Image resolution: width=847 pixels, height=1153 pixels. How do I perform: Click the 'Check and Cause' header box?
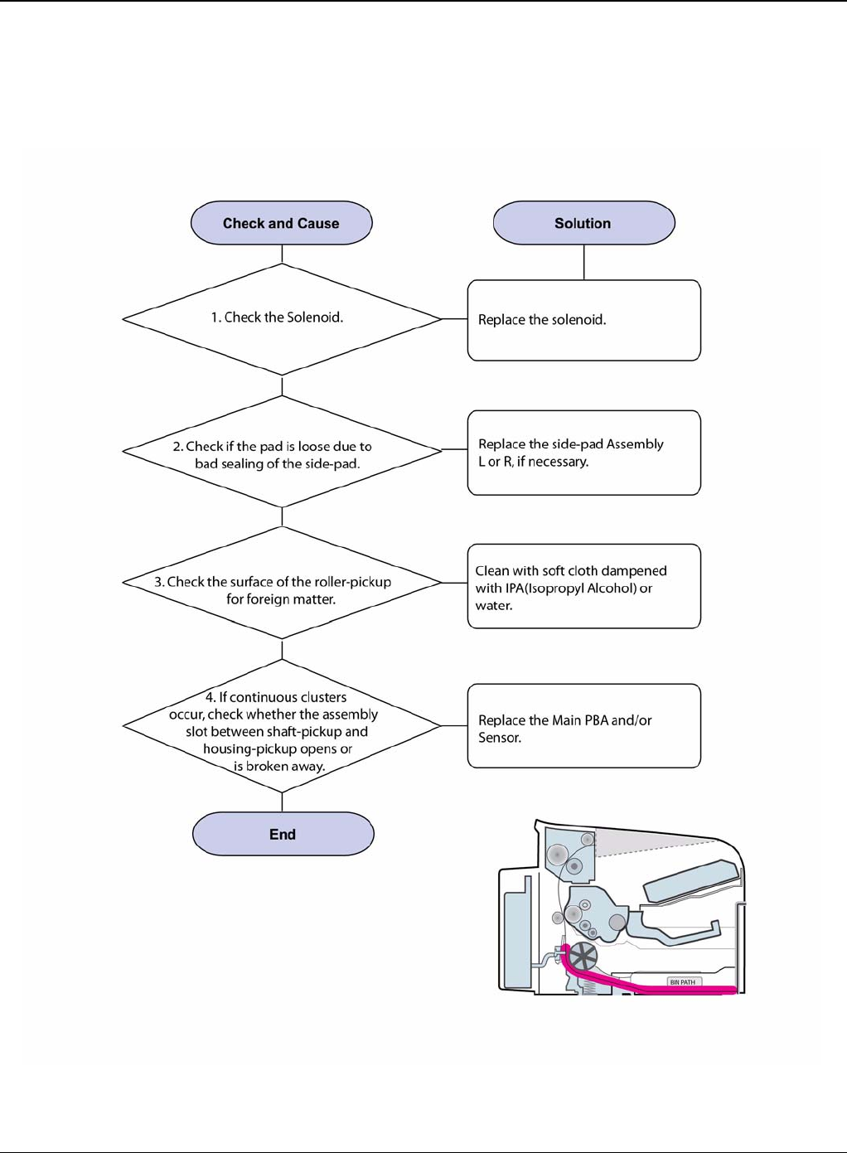(x=281, y=223)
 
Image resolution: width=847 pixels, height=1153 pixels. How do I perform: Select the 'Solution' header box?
(x=583, y=223)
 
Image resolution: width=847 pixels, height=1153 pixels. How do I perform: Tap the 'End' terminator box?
(x=283, y=834)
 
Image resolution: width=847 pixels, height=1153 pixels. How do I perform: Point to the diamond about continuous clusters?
(x=282, y=726)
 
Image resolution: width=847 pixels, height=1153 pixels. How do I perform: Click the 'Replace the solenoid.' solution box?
(x=583, y=320)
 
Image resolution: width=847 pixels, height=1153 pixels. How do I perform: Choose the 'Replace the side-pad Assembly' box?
(x=583, y=453)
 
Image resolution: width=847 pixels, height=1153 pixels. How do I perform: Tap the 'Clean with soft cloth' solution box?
(x=583, y=586)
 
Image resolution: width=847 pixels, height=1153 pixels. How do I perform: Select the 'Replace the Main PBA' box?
(x=583, y=726)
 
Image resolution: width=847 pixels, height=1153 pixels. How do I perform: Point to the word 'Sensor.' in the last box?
(x=500, y=738)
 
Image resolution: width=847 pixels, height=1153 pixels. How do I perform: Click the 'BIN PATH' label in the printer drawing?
(x=683, y=982)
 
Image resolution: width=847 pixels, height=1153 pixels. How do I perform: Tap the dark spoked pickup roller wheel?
(x=583, y=958)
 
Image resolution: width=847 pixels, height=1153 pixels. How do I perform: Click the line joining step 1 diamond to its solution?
(x=454, y=319)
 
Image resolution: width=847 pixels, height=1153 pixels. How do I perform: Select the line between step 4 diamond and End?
(x=283, y=802)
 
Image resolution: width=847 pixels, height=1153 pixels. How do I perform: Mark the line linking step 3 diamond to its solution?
(x=454, y=583)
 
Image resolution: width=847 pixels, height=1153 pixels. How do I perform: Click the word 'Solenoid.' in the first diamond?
(x=315, y=317)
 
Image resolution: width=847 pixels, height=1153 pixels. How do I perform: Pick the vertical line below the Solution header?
(x=584, y=262)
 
